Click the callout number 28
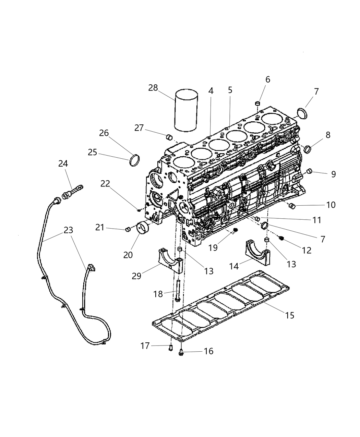pos(153,88)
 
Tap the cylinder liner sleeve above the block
pos(186,110)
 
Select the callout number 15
pos(290,315)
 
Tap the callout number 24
pos(63,164)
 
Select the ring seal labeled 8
pos(308,149)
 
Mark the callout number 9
pos(333,174)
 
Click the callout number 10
pos(331,205)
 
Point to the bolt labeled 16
pos(181,351)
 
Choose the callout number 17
pos(145,346)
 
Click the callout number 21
pos(100,227)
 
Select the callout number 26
pos(104,133)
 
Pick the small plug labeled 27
pos(169,137)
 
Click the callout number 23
pos(69,230)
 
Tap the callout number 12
pos(307,250)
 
